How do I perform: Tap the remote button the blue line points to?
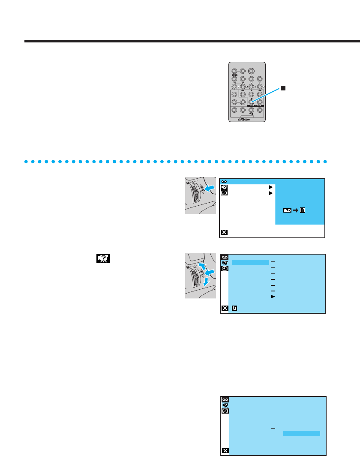[x=251, y=102]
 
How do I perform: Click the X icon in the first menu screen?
[x=224, y=232]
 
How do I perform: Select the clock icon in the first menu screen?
[x=224, y=193]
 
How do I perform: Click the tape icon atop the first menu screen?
[x=224, y=182]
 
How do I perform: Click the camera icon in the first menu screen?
[x=224, y=187]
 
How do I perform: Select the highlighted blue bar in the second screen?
[x=250, y=262]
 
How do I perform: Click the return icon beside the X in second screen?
[x=234, y=308]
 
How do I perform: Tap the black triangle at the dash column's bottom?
[x=273, y=296]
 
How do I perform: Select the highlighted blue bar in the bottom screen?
[x=301, y=433]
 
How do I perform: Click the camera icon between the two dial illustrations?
[x=104, y=259]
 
